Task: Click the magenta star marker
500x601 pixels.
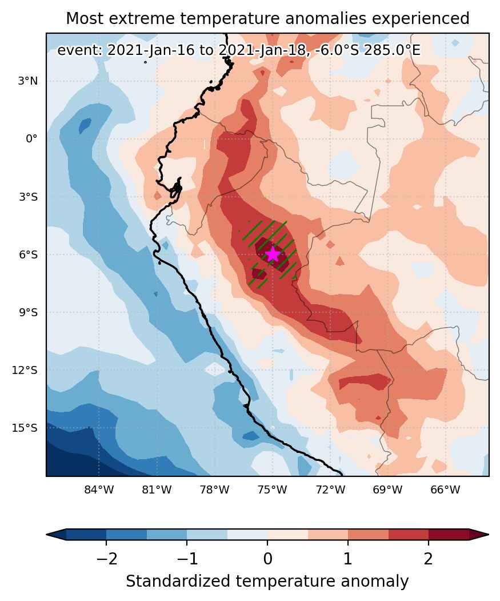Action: pos(273,254)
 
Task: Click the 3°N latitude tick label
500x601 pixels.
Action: pos(28,81)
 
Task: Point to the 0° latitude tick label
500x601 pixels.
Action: pos(32,139)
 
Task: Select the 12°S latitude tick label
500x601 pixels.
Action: pos(26,371)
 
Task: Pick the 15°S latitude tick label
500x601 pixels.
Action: pos(26,428)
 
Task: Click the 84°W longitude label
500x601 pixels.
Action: pos(99,489)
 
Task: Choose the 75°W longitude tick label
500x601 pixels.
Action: pos(273,489)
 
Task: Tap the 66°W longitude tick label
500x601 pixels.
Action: pos(445,489)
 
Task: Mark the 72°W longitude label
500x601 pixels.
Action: pos(330,489)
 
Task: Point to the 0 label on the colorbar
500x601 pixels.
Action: pos(267,559)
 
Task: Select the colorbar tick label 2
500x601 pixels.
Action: pos(429,559)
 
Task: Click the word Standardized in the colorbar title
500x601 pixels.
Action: pos(178,582)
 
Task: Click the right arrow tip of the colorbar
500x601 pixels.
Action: pos(489,534)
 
